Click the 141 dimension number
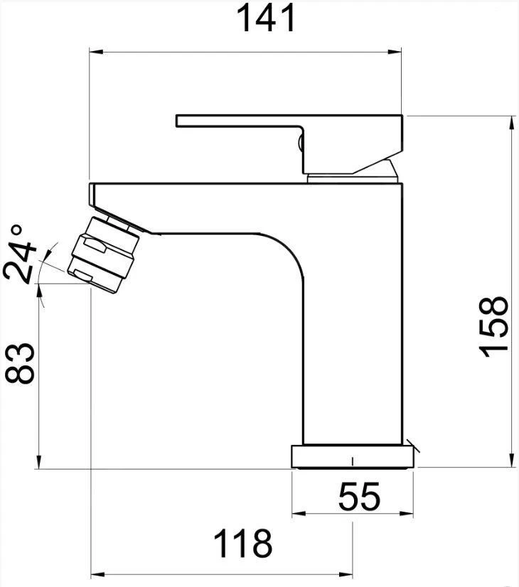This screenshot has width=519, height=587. click(266, 18)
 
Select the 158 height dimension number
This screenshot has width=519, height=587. click(493, 327)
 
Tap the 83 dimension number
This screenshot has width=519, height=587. click(19, 363)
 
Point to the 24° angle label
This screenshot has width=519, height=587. click(19, 254)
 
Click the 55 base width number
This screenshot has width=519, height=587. click(359, 497)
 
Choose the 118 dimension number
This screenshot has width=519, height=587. click(242, 543)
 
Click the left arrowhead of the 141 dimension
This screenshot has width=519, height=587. click(96, 52)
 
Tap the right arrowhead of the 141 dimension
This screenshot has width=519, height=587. click(395, 52)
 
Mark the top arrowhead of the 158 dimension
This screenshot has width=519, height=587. click(511, 123)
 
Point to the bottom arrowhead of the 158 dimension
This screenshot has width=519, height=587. click(511, 461)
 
